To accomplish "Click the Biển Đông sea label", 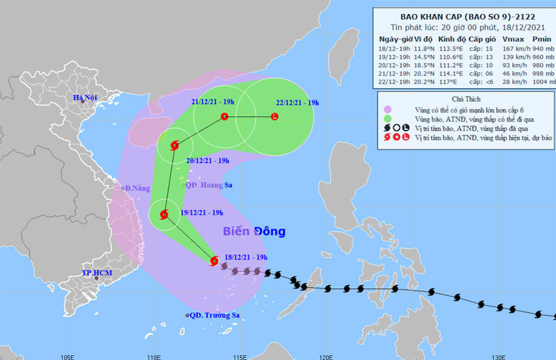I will (x=254, y=231).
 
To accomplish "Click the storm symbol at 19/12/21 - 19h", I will (x=165, y=215).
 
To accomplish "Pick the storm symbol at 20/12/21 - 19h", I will (x=174, y=145).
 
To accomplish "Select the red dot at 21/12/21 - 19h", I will (x=224, y=117).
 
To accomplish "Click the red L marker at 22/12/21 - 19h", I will (x=274, y=117).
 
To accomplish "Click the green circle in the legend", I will (x=386, y=119).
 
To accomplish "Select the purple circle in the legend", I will (x=386, y=109).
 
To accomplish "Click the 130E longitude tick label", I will (x=498, y=355).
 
